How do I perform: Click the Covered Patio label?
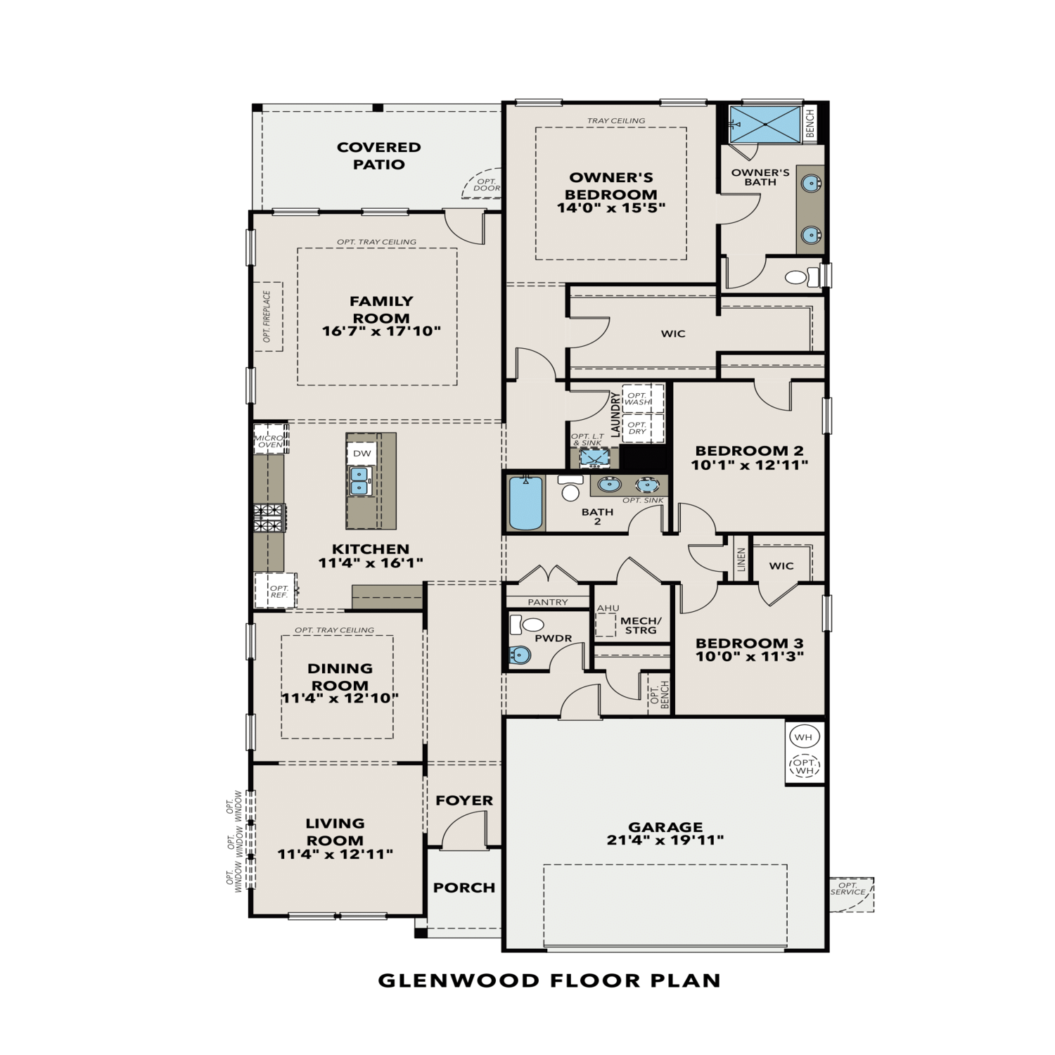378,155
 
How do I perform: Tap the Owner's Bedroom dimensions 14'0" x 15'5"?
610,208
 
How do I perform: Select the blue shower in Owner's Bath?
765,124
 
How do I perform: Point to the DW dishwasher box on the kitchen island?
362,454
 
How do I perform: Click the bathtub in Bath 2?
525,502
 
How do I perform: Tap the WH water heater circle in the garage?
803,737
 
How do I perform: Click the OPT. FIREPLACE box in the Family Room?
268,316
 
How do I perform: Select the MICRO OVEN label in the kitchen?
269,441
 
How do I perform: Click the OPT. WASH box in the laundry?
639,399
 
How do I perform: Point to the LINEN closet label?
741,560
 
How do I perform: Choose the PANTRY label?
547,602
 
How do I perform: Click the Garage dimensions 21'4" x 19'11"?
665,840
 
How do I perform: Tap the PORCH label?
463,888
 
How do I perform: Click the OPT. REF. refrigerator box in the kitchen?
279,591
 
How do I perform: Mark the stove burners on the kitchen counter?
269,518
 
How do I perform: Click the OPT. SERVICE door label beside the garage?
848,889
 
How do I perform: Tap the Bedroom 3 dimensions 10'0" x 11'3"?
749,657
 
